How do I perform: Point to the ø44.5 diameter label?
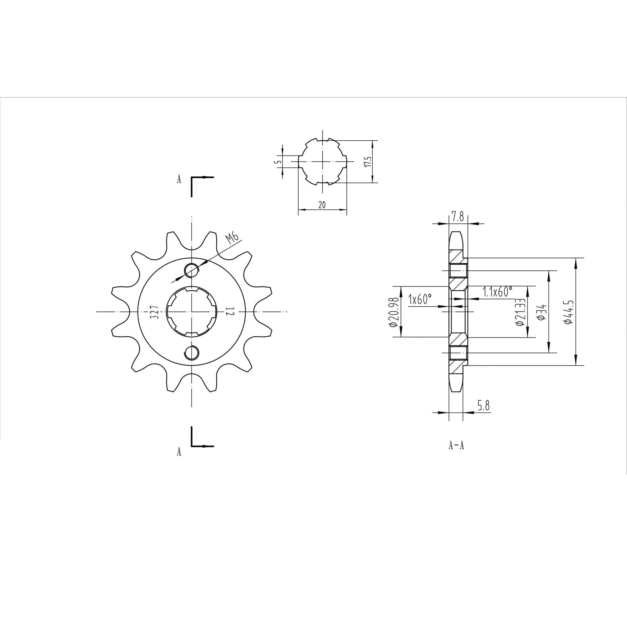pos(569,312)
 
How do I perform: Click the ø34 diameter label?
pos(542,312)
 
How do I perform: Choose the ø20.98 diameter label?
pos(394,312)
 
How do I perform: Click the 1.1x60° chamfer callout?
pos(498,292)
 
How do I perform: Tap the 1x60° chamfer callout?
pos(420,299)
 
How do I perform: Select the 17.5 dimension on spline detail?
pos(367,161)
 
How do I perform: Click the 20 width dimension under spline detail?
pos(322,205)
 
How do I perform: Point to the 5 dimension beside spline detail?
pos(277,161)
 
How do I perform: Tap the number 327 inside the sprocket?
pos(154,312)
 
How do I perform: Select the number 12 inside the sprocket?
pos(230,312)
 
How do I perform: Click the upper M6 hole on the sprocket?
pos(192,270)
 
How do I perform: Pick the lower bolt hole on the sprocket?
pos(192,352)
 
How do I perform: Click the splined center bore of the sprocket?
pos(192,312)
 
